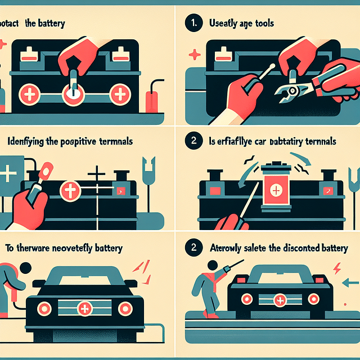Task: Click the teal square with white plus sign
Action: coord(10,173)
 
